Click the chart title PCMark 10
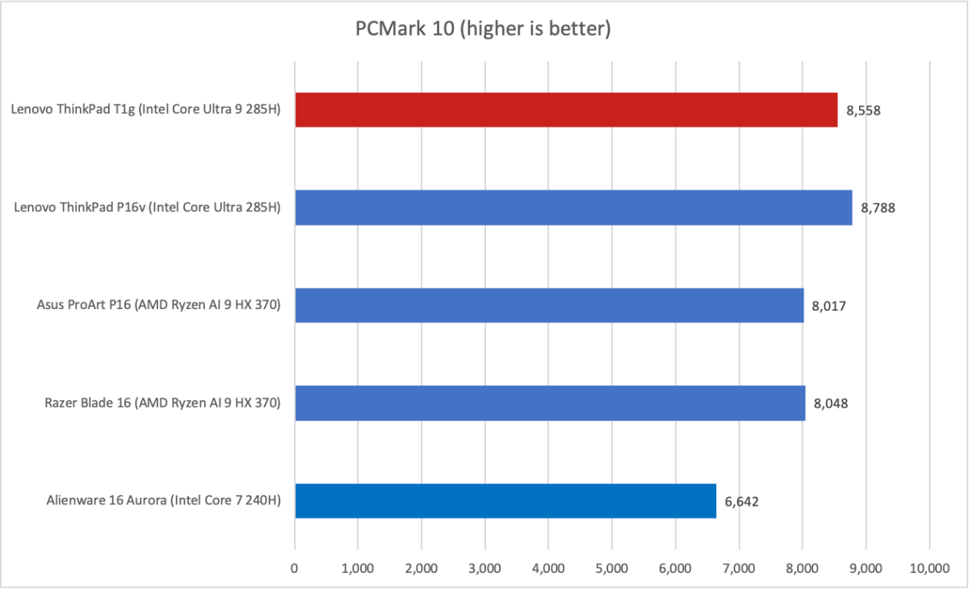click(483, 30)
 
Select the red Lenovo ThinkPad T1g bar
click(566, 110)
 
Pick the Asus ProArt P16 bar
click(549, 305)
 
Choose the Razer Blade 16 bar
click(550, 403)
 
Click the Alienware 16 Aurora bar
click(505, 500)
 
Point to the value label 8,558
click(863, 111)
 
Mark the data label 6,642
click(741, 501)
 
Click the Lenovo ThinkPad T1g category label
click(145, 111)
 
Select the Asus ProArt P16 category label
click(158, 306)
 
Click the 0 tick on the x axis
click(295, 568)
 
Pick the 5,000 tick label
click(611, 568)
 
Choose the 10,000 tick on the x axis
click(929, 568)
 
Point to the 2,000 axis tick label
click(422, 568)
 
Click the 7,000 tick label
click(739, 568)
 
